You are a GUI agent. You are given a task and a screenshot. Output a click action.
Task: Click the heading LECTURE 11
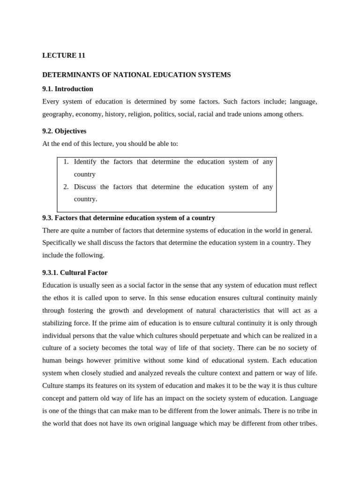[x=64, y=55]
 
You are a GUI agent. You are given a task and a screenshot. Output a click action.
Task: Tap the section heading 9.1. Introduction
[x=67, y=89]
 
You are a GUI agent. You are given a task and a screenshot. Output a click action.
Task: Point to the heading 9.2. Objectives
[x=64, y=131]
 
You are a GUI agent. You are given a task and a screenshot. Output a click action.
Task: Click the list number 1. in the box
[x=66, y=162]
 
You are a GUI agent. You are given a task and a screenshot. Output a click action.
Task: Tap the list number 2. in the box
[x=66, y=187]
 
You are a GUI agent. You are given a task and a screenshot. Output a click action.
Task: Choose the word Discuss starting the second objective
[x=85, y=187]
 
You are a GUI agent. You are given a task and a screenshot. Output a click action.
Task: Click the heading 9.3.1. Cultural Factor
[x=75, y=273]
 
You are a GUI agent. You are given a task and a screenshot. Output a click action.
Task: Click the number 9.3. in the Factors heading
[x=48, y=218]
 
